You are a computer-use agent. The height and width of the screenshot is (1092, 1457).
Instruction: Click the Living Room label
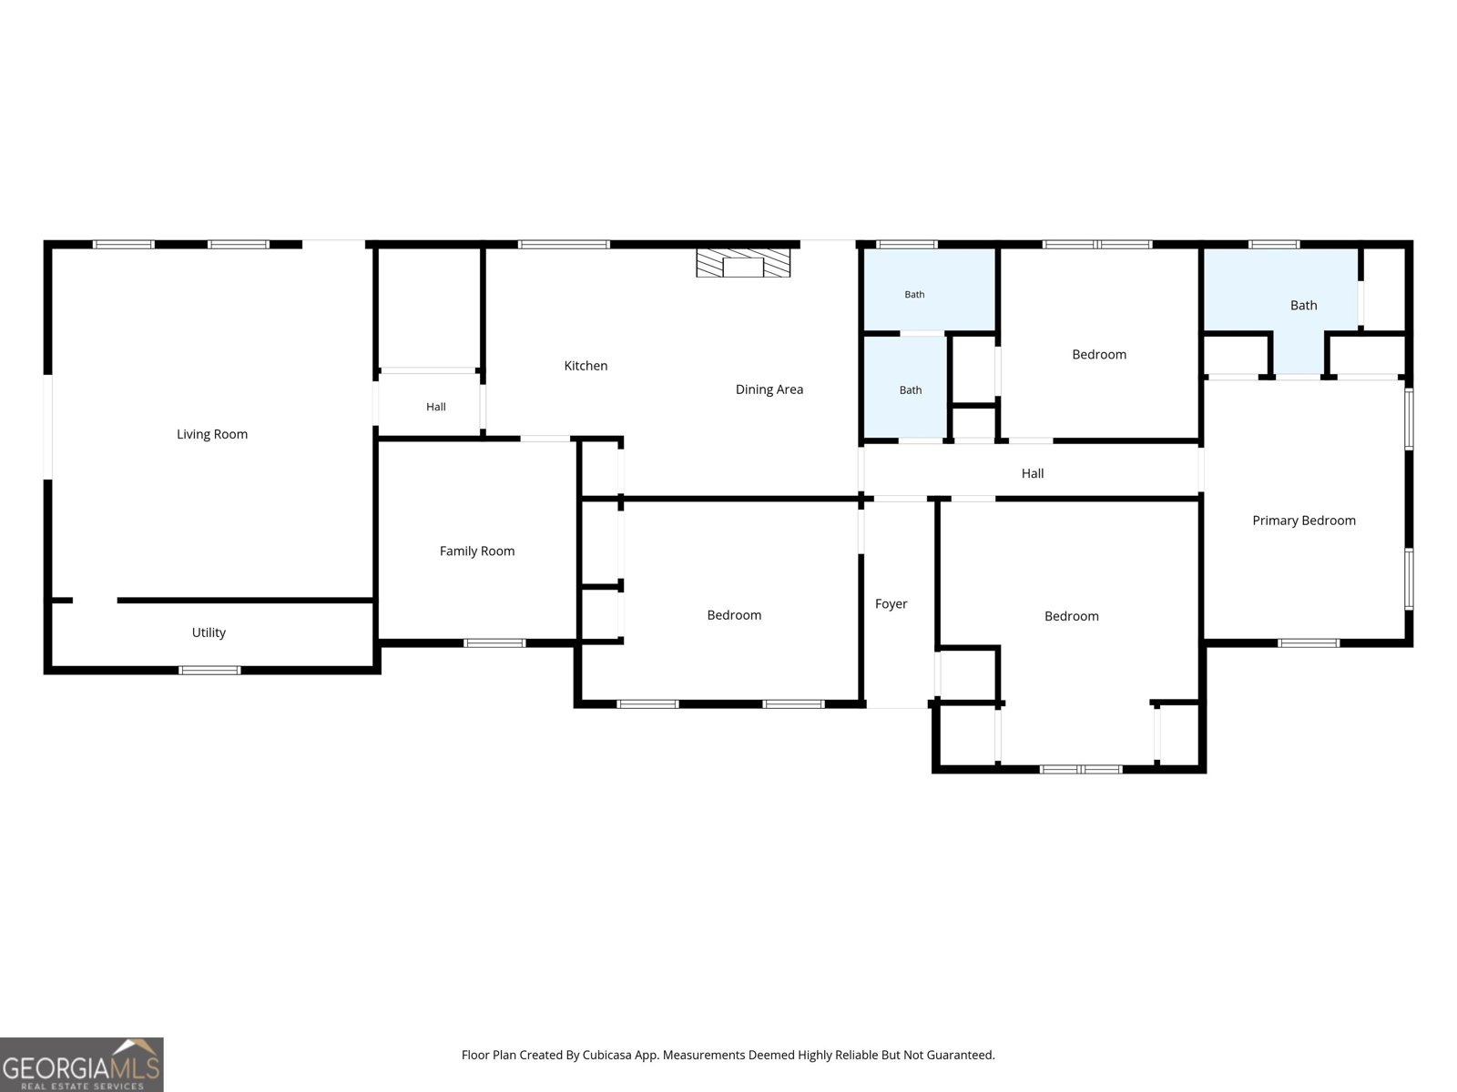click(x=212, y=434)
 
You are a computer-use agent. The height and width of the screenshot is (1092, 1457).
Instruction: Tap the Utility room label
click(x=209, y=632)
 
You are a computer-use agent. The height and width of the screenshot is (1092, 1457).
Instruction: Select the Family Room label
click(x=476, y=551)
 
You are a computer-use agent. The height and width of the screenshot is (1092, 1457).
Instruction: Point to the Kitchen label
click(x=586, y=365)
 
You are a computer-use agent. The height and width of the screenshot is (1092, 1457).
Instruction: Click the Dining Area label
click(x=769, y=389)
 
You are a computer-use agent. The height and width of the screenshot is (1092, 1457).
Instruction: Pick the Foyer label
click(x=891, y=604)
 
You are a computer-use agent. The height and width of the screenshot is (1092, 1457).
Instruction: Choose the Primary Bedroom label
click(x=1304, y=521)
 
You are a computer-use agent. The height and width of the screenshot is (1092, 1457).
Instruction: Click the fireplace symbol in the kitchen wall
click(x=743, y=263)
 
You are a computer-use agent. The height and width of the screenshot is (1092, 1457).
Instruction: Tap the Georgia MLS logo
click(x=82, y=1064)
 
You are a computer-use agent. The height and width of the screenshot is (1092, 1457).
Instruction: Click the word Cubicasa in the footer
click(x=606, y=1055)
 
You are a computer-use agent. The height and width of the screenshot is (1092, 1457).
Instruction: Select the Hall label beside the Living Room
click(x=435, y=407)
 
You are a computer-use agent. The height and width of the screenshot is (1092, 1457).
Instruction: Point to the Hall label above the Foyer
click(x=1032, y=473)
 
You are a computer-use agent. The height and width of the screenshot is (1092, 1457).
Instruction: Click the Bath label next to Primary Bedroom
click(x=1303, y=306)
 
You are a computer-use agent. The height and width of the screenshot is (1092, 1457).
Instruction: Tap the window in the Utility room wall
click(x=209, y=671)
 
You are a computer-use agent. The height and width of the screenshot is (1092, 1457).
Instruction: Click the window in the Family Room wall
click(x=494, y=643)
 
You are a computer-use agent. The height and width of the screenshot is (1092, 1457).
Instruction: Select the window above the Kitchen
click(x=564, y=245)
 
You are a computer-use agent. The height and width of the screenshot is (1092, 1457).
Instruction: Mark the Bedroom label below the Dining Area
click(x=733, y=615)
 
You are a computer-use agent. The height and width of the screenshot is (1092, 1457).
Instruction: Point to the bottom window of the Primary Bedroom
click(x=1309, y=643)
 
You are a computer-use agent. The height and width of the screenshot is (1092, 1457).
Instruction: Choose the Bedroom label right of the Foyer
click(x=1071, y=617)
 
